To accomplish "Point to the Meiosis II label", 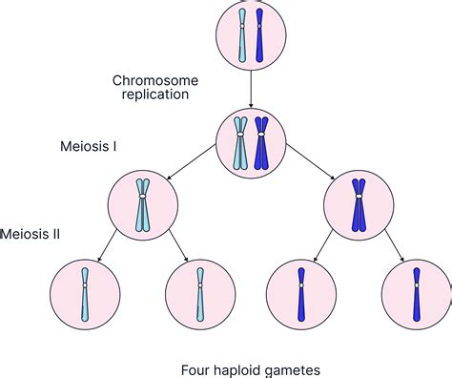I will click(31, 232).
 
